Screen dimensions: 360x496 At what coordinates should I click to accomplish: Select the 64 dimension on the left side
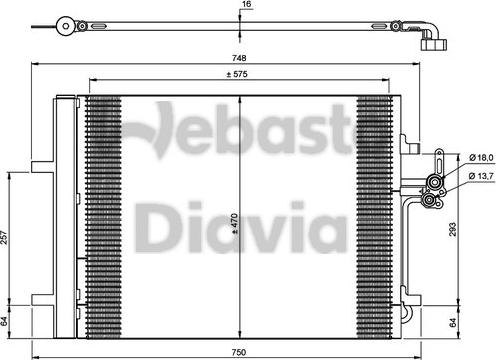tap(7, 321)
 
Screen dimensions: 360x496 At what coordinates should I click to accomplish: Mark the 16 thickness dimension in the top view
tap(245, 6)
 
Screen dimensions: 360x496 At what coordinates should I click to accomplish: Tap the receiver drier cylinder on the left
tap(65, 215)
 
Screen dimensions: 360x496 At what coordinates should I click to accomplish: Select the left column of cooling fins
tap(102, 215)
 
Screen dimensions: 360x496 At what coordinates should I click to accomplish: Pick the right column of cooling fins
tap(375, 215)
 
